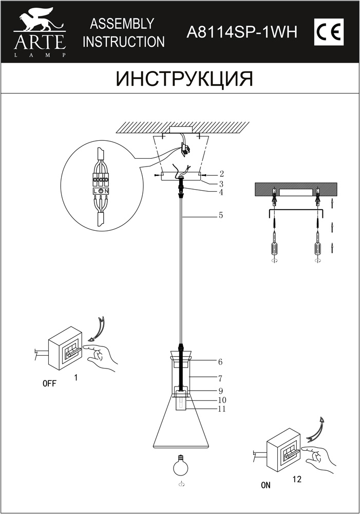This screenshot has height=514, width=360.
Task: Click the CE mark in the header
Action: coord(329,32)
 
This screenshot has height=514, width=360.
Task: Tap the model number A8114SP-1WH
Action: coord(242,32)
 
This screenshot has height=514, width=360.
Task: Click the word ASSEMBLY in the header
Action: coord(122,24)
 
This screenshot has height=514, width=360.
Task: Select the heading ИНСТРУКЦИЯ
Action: coord(185,79)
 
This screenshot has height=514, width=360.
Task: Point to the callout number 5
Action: coord(221,215)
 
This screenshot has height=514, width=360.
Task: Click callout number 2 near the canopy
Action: coord(221,174)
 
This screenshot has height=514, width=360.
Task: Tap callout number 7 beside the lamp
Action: coord(220,378)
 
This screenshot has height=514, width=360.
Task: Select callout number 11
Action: coord(222,409)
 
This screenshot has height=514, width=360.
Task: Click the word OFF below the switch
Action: coord(49,383)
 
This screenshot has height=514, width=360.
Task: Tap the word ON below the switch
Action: coord(266,485)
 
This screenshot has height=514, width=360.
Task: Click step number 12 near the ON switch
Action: coord(297,479)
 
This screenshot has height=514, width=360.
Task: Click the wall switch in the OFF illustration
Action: coord(65,348)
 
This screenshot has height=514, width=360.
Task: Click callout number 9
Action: coord(220,391)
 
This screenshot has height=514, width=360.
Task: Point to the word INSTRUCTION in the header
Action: coord(123,42)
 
